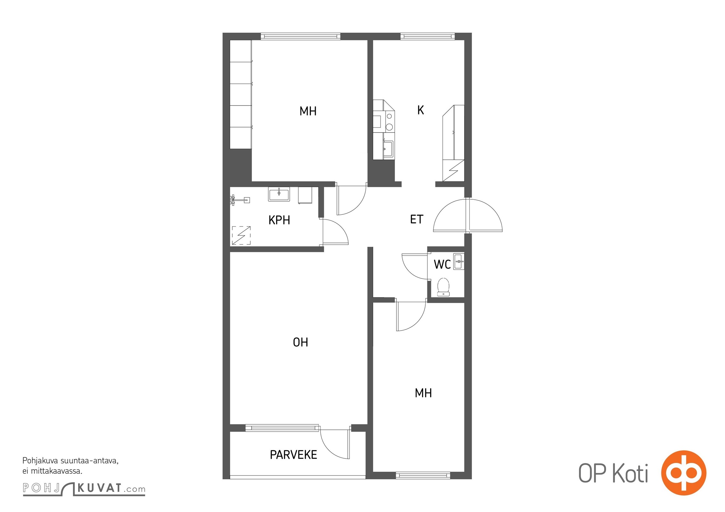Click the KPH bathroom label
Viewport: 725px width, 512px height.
(x=279, y=220)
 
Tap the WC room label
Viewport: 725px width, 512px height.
(x=442, y=264)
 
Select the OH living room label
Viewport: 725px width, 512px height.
(x=300, y=342)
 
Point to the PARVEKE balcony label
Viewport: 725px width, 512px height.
(x=293, y=455)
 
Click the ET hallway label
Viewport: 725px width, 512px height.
(x=417, y=219)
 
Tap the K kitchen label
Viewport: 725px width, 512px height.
(x=421, y=110)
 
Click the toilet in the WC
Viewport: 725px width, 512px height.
(x=443, y=287)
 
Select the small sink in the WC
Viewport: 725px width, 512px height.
(x=459, y=261)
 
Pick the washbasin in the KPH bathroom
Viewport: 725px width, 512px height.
(x=279, y=194)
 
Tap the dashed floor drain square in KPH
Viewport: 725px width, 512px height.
(x=241, y=236)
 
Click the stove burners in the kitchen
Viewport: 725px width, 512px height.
(x=389, y=121)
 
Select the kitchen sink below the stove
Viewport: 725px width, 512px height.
(x=388, y=149)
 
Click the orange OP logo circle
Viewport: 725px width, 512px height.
(x=684, y=473)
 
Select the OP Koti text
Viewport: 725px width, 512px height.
(x=613, y=473)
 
